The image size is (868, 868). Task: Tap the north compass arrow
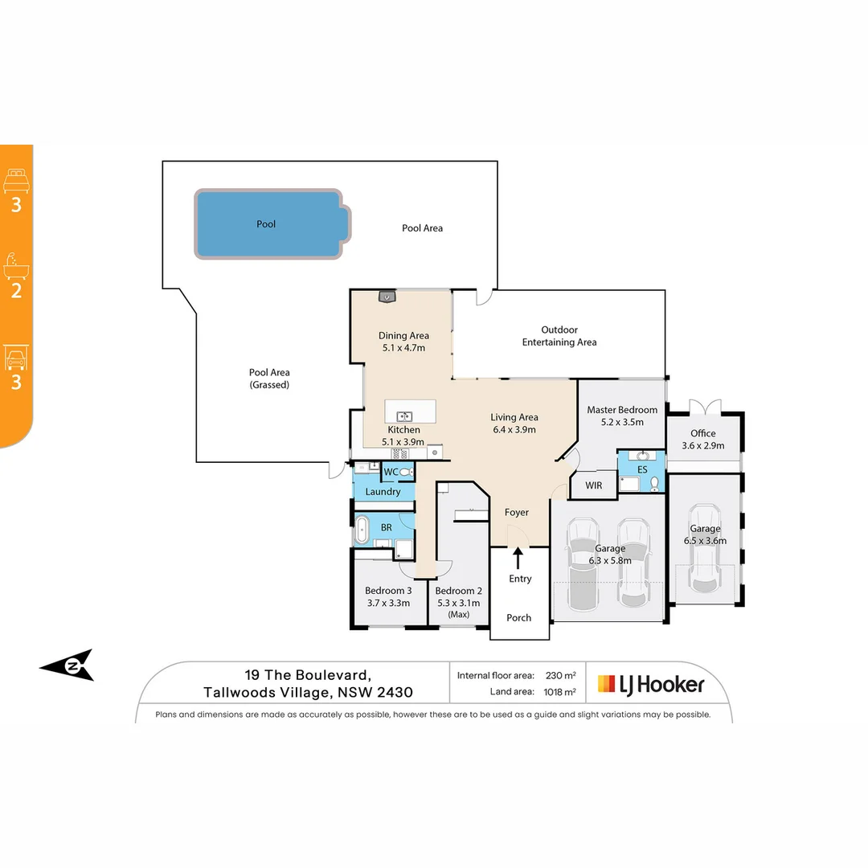[69, 665]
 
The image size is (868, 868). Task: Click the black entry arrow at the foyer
[518, 556]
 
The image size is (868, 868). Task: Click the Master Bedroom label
[622, 410]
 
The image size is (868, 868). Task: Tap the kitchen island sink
[403, 416]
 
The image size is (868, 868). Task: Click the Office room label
[703, 434]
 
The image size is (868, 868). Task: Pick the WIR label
[594, 485]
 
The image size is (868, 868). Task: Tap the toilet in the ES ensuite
[655, 483]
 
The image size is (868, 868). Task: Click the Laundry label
[383, 491]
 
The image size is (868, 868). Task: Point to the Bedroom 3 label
[387, 591]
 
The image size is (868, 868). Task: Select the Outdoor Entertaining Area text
[559, 336]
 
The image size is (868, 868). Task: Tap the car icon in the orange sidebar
[17, 358]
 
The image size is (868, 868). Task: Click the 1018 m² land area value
[559, 692]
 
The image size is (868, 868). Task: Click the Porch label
[519, 618]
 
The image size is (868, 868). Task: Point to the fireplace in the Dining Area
[387, 297]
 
